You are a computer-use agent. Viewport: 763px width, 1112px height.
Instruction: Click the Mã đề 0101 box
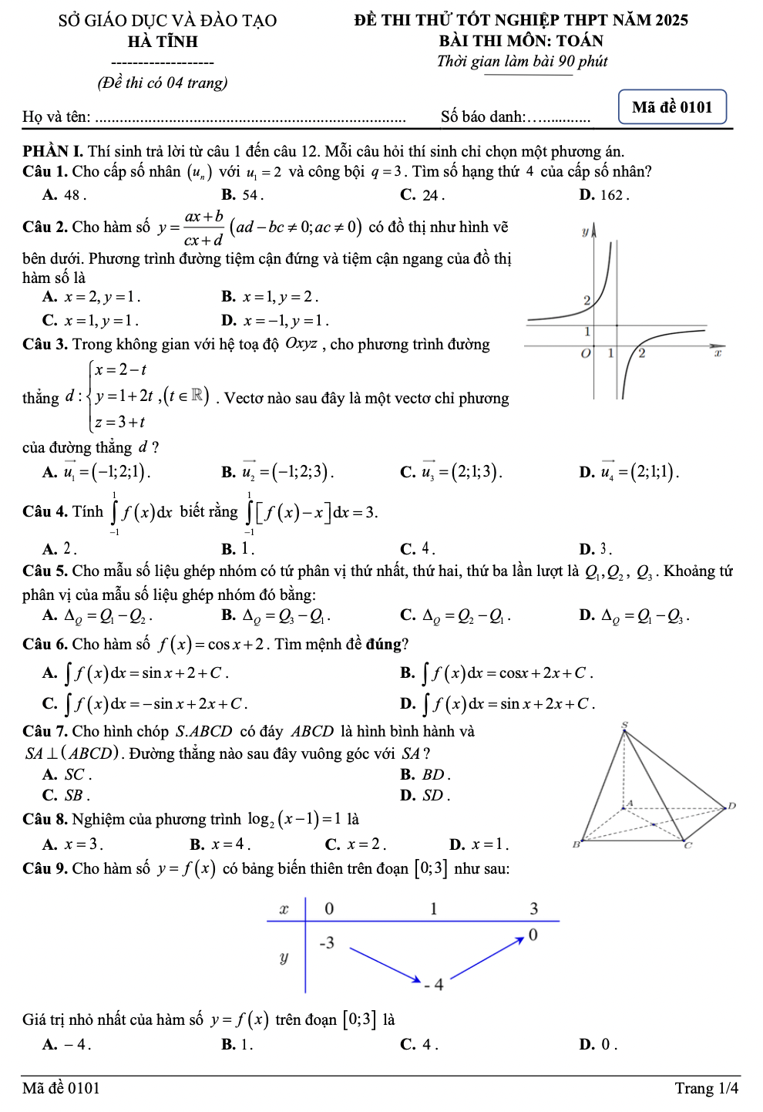pos(672,107)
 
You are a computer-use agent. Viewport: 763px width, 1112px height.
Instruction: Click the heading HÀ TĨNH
pos(163,42)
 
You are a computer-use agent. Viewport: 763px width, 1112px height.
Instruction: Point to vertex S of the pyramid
pos(625,725)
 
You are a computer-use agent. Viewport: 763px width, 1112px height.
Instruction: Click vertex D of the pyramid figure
pos(731,806)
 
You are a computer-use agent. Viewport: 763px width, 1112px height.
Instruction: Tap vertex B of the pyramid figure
pos(575,844)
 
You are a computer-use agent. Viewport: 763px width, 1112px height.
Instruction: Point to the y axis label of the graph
pos(584,231)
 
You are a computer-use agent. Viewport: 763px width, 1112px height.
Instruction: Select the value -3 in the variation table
pos(327,942)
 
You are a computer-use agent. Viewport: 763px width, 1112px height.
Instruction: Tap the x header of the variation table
pos(284,908)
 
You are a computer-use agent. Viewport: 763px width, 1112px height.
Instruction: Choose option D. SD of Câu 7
pos(425,795)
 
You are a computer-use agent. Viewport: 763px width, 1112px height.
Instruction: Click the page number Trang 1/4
pos(706,1088)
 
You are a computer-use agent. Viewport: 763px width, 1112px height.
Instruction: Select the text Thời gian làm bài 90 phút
pos(522,62)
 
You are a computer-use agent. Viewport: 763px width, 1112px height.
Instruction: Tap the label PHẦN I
pos(52,151)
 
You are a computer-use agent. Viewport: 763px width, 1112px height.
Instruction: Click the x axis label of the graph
pos(717,353)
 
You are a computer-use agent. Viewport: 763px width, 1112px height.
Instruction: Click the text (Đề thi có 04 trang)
pos(163,83)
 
